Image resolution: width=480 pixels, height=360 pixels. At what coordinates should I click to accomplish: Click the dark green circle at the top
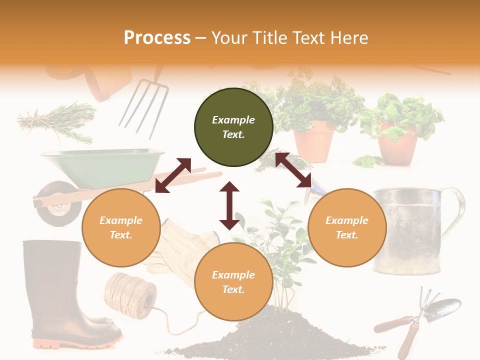click(233, 127)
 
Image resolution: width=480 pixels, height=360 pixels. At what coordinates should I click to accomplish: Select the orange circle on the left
click(121, 227)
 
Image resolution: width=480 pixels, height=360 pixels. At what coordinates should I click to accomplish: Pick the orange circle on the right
click(347, 227)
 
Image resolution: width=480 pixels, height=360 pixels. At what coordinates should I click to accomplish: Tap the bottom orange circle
click(233, 282)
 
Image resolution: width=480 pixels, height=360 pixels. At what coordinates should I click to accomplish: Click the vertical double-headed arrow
click(229, 205)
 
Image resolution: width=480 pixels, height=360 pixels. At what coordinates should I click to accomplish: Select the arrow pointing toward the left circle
click(173, 175)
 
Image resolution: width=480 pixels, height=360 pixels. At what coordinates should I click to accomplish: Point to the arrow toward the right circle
click(293, 170)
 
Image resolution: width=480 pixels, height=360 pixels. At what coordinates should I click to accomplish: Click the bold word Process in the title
click(157, 38)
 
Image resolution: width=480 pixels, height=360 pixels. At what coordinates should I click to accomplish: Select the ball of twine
click(127, 295)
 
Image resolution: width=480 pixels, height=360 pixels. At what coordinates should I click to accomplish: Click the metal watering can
click(407, 230)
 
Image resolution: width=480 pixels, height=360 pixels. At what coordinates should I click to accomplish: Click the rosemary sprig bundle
click(57, 120)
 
